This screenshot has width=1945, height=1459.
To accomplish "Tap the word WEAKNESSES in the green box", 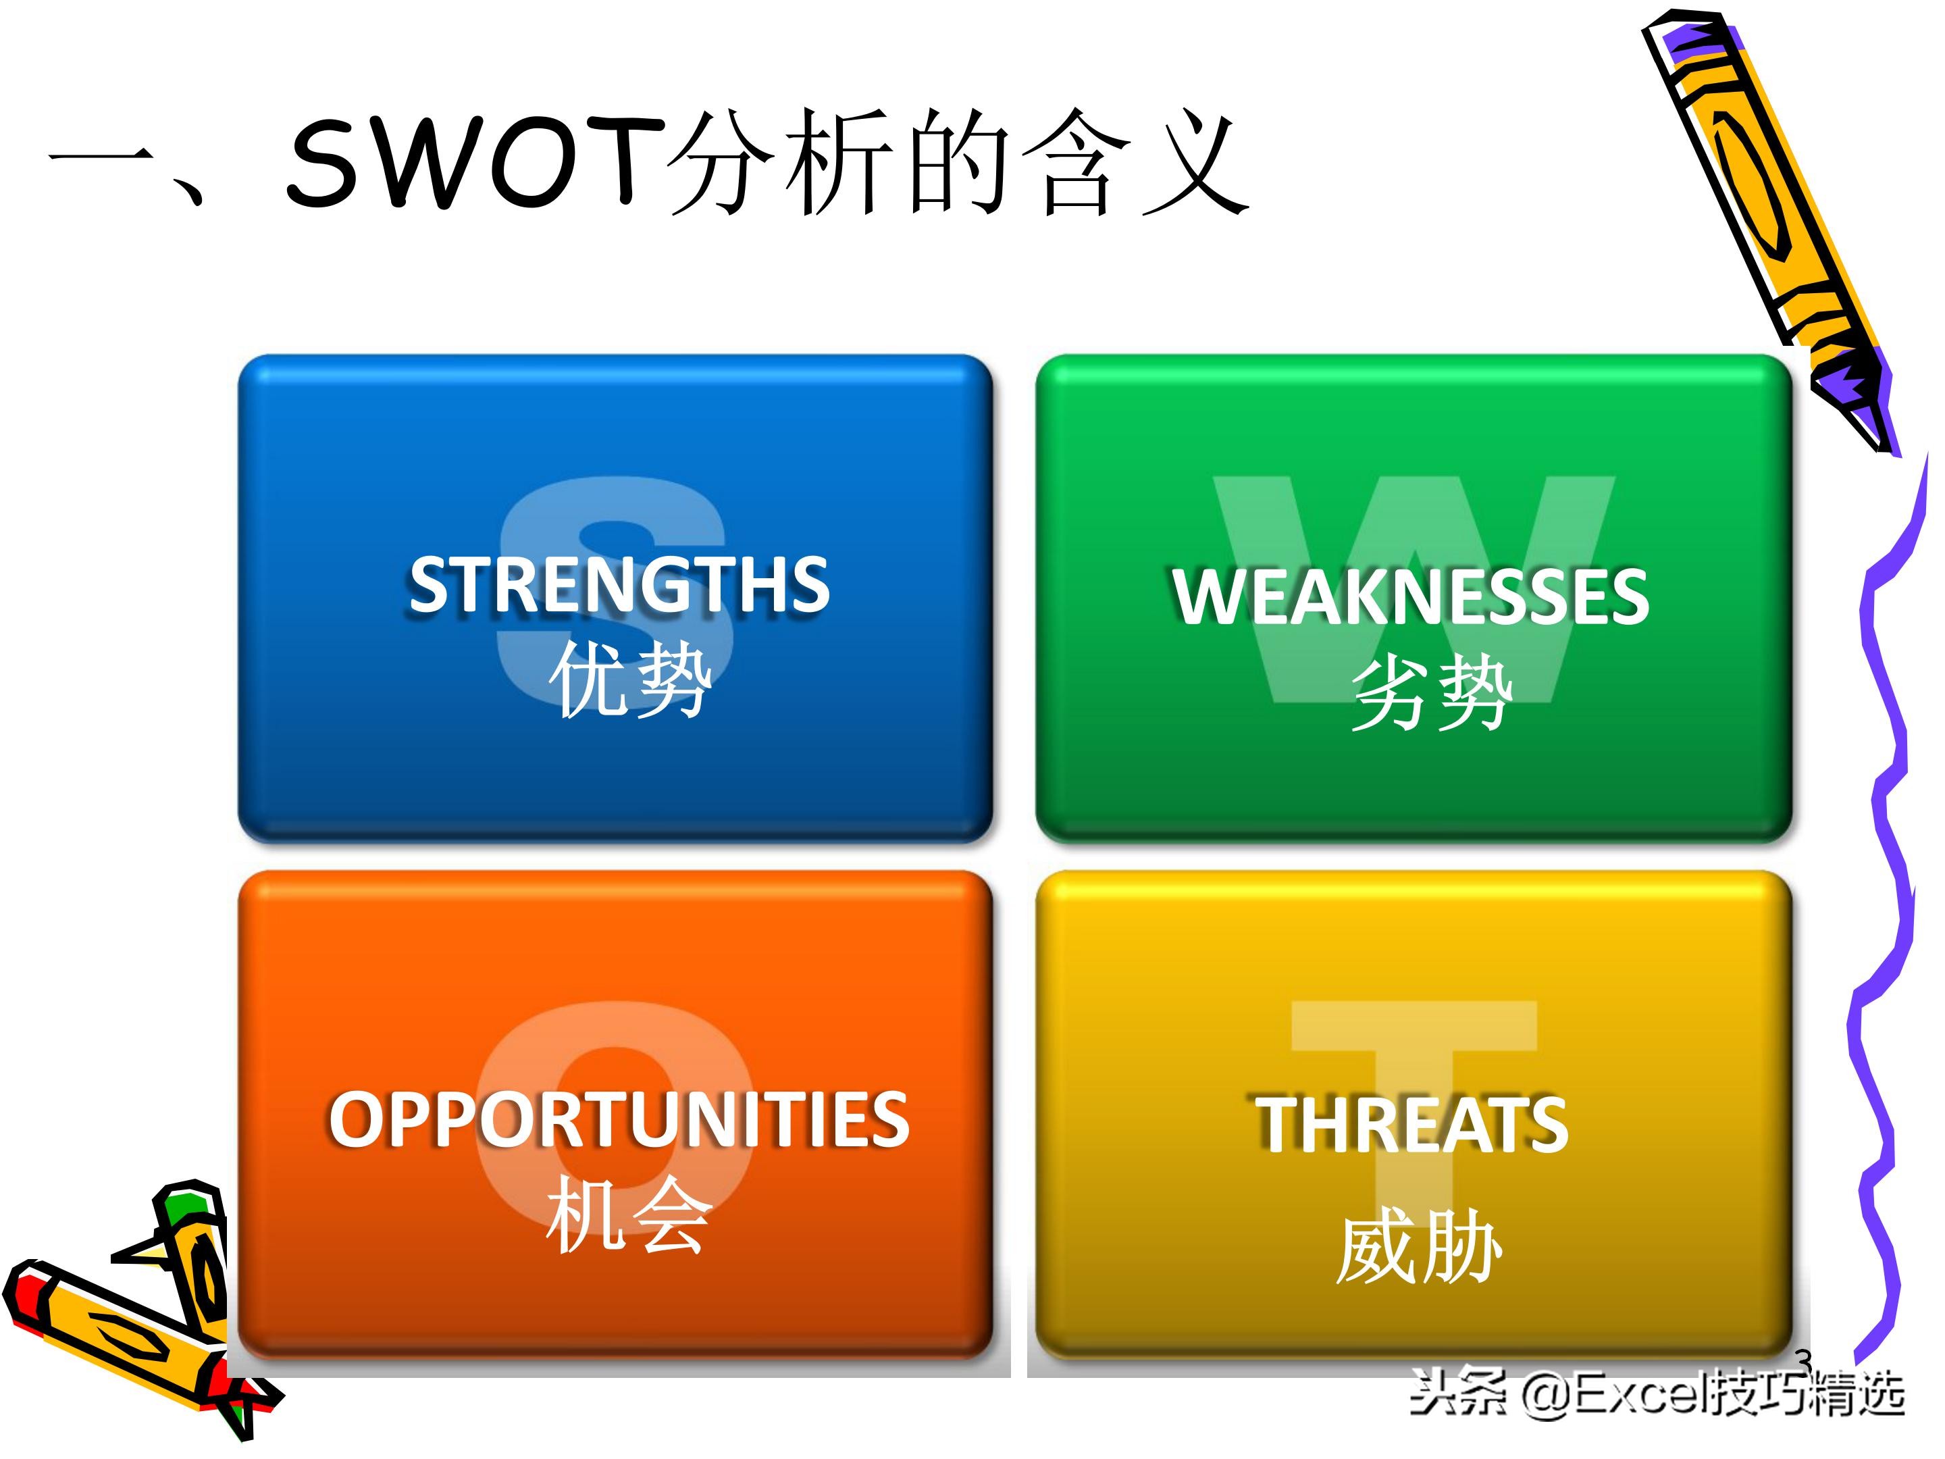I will pyautogui.click(x=1409, y=597).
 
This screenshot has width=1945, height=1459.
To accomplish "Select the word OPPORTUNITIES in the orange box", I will pyautogui.click(x=619, y=1119).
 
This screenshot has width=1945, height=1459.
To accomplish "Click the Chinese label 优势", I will pyautogui.click(x=629, y=677).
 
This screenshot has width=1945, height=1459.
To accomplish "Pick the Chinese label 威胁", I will pyautogui.click(x=1418, y=1246).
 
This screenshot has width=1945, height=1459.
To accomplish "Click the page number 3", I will pyautogui.click(x=1803, y=1360).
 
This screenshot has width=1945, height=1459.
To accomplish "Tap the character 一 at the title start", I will pyautogui.click(x=101, y=163).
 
